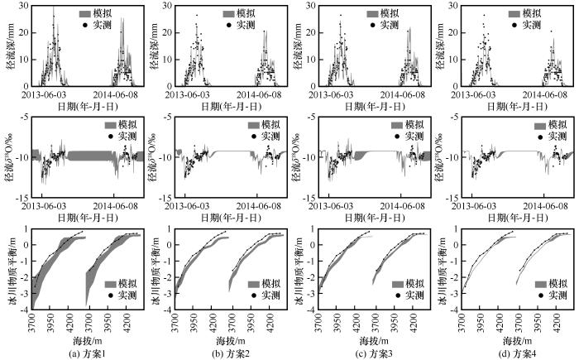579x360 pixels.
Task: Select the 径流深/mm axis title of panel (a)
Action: click(8, 46)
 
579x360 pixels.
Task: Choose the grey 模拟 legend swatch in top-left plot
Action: click(87, 14)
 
